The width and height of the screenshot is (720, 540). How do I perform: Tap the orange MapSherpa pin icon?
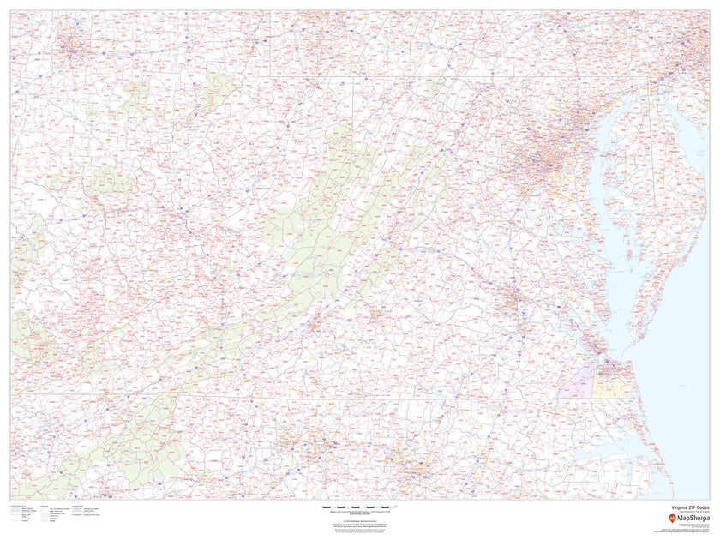click(661, 518)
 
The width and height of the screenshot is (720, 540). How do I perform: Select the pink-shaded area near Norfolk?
click(576, 387)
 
